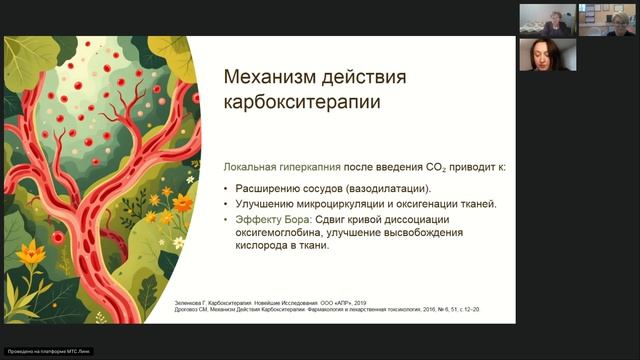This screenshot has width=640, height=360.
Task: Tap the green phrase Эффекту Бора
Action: coord(262,219)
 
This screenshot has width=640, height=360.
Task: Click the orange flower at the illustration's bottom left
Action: coord(29,254)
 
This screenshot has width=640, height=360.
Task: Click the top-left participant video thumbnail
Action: coord(547,18)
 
